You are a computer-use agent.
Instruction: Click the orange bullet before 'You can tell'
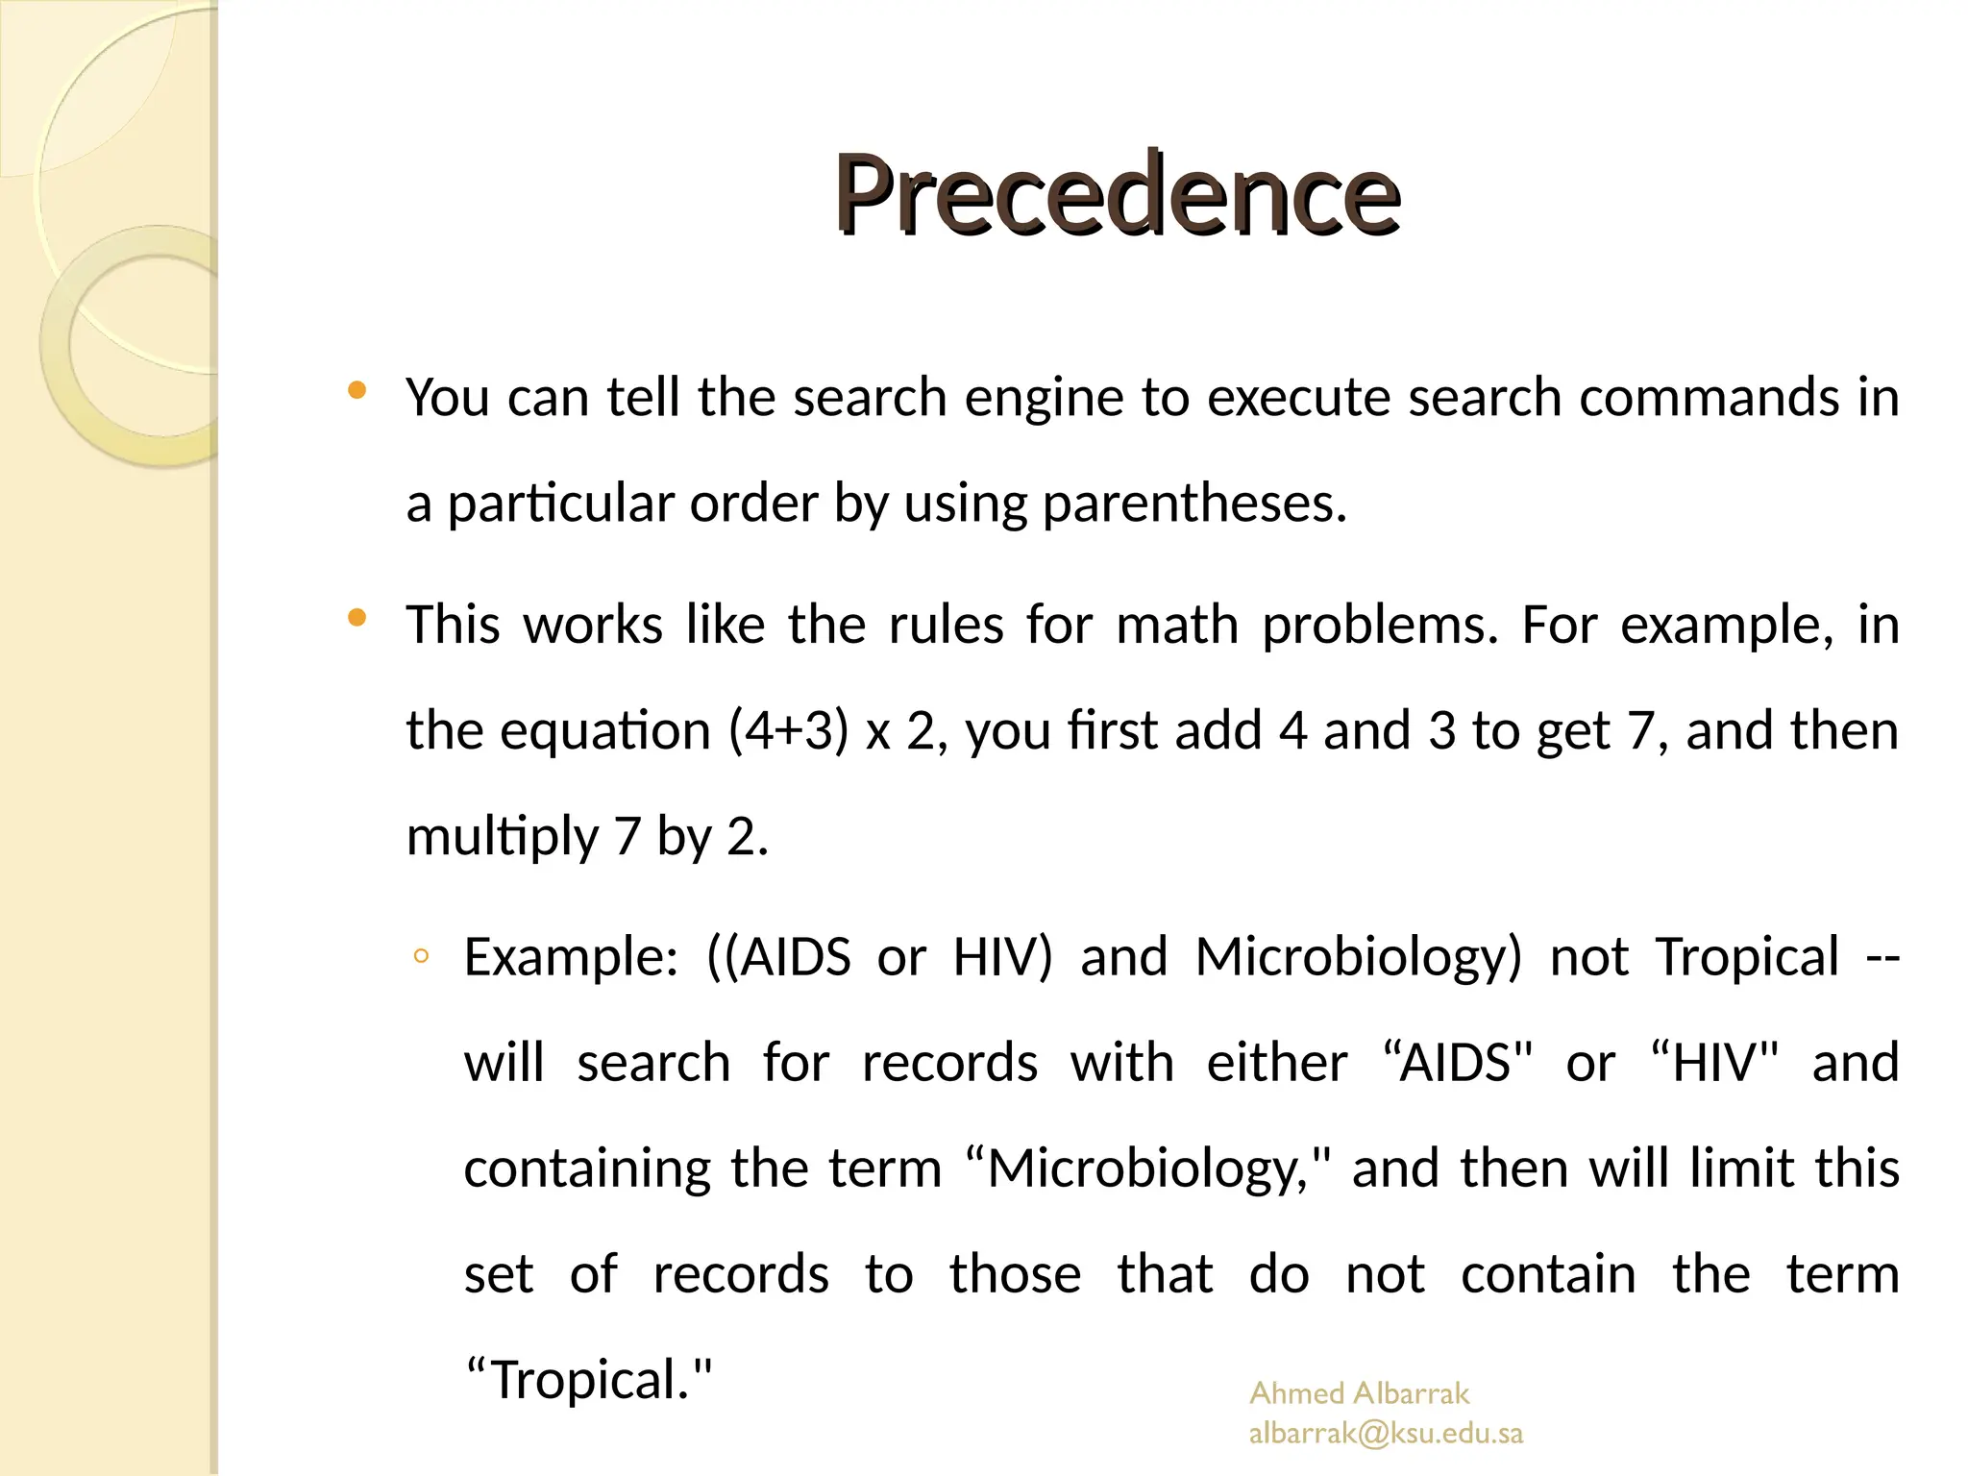(357, 390)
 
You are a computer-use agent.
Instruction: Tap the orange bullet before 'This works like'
(357, 618)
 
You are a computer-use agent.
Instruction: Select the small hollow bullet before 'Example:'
(420, 956)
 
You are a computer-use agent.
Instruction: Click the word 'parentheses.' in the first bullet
(1194, 503)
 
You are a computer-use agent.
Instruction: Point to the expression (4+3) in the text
(788, 730)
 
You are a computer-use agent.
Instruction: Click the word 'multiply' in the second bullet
(503, 836)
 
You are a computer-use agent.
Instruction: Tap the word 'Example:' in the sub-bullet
(571, 957)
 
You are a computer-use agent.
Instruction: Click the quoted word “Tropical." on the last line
(589, 1380)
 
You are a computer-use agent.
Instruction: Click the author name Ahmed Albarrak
(1359, 1392)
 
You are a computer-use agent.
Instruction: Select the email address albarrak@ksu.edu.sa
(1386, 1433)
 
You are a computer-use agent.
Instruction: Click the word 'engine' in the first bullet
(1044, 397)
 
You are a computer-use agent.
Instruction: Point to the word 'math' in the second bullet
(1177, 625)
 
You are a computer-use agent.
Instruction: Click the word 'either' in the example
(1276, 1063)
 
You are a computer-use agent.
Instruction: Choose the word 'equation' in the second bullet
(605, 730)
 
